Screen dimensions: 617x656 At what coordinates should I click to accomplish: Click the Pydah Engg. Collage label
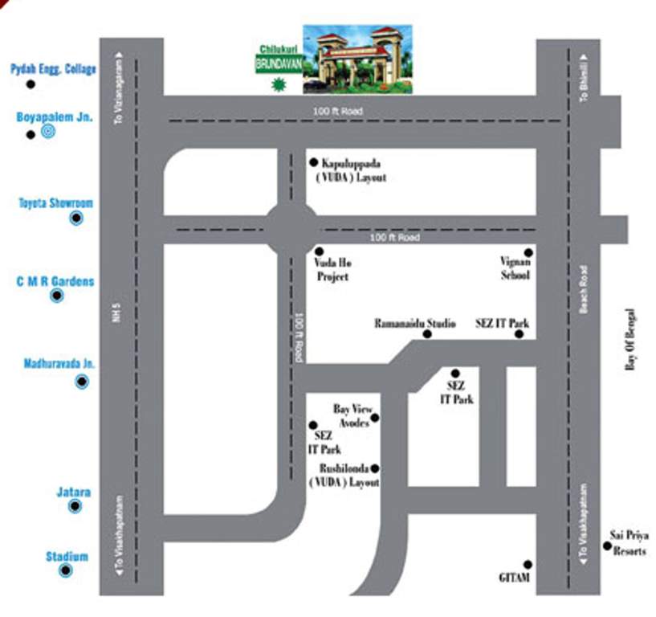pyautogui.click(x=53, y=70)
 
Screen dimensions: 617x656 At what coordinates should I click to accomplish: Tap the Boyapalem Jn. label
pyautogui.click(x=55, y=116)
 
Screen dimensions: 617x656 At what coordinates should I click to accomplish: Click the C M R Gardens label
pyautogui.click(x=55, y=282)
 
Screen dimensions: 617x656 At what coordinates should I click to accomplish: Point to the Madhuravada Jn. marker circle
pyautogui.click(x=82, y=382)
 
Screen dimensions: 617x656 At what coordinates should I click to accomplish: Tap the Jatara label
pyautogui.click(x=73, y=492)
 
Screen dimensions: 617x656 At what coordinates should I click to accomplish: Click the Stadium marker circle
pyautogui.click(x=66, y=570)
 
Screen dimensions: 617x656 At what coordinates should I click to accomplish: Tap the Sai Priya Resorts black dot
pyautogui.click(x=607, y=545)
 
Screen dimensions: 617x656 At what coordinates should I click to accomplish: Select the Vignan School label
pyautogui.click(x=515, y=269)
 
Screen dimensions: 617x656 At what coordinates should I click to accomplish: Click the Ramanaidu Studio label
pyautogui.click(x=415, y=324)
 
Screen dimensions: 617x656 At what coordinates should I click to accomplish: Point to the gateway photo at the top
pyautogui.click(x=357, y=59)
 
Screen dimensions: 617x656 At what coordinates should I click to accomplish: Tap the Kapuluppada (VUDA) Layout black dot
pyautogui.click(x=314, y=161)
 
